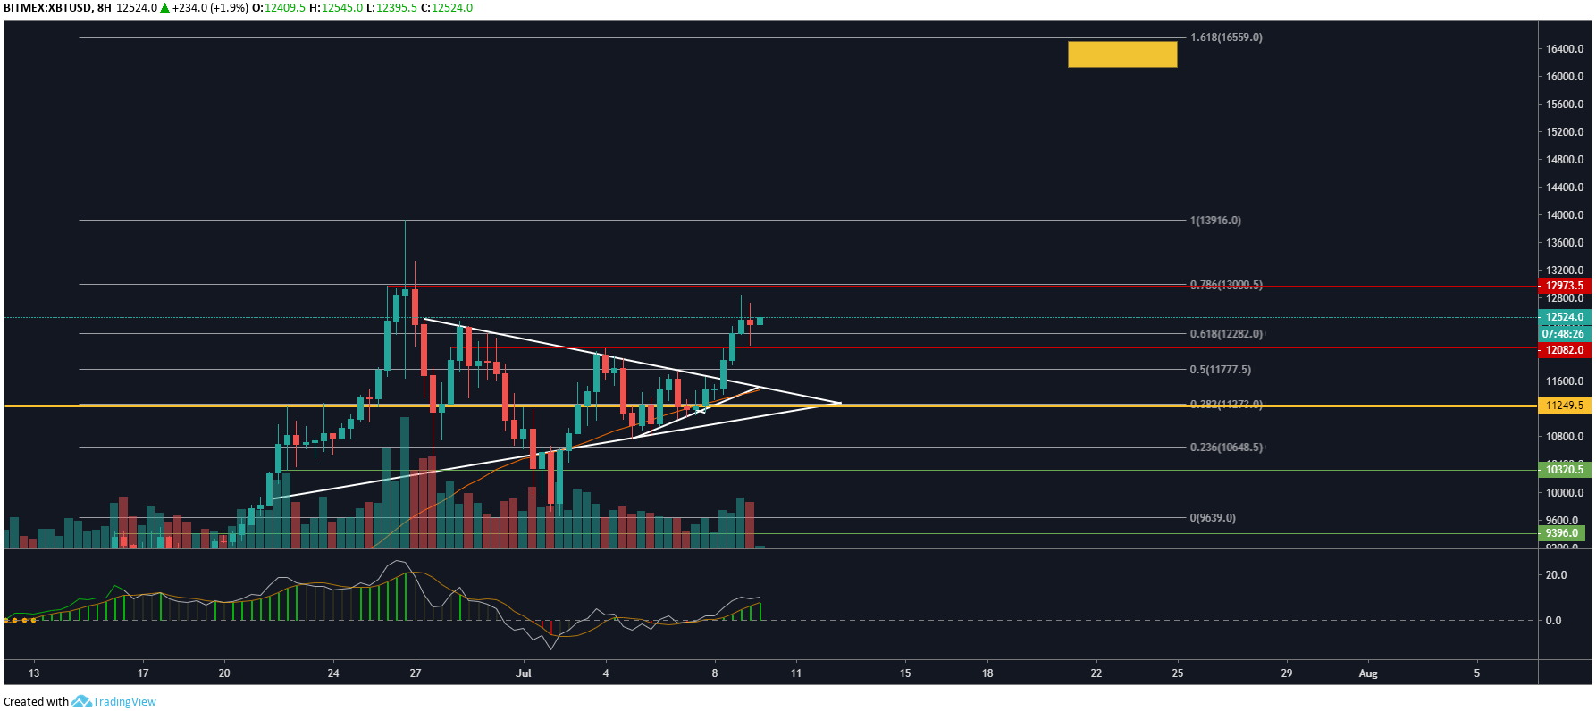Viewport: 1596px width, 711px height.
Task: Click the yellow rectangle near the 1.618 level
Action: (x=1121, y=54)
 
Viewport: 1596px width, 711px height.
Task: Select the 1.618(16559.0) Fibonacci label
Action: (x=1226, y=38)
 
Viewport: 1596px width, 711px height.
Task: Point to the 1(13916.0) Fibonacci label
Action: (x=1215, y=221)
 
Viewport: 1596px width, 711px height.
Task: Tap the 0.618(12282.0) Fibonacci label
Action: (x=1226, y=334)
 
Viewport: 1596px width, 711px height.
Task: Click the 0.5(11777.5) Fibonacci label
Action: (x=1220, y=370)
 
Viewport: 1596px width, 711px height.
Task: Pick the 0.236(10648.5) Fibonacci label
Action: (x=1226, y=448)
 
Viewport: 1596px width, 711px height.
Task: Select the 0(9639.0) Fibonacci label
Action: (x=1213, y=518)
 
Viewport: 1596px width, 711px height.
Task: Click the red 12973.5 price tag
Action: (x=1564, y=286)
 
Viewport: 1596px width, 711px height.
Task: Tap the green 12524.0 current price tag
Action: (x=1564, y=317)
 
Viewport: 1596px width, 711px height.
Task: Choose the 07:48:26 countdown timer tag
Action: (x=1563, y=334)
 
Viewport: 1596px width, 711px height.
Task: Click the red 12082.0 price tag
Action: (x=1564, y=350)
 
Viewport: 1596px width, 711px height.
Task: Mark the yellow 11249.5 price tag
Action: (x=1564, y=406)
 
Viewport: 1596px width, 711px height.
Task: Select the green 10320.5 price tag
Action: (x=1564, y=470)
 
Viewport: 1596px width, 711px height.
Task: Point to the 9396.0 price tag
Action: (x=1562, y=533)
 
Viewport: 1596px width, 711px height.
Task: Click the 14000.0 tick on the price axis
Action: (x=1565, y=215)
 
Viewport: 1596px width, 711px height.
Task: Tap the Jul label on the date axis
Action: (x=524, y=673)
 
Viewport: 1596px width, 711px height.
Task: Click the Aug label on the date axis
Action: (x=1368, y=673)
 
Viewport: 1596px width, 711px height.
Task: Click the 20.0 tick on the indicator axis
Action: (x=1556, y=575)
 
